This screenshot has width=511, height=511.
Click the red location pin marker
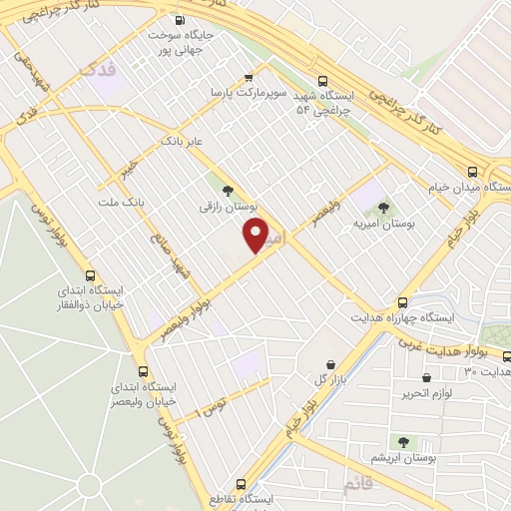(x=256, y=236)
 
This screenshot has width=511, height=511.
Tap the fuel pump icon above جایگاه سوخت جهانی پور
(x=180, y=19)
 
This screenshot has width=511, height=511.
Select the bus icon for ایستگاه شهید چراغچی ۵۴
(x=321, y=82)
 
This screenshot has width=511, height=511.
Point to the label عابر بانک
(x=185, y=141)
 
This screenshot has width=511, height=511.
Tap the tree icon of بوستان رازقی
(x=228, y=190)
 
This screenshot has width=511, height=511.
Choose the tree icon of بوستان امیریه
(x=383, y=209)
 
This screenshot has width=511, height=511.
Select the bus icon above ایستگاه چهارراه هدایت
(x=403, y=300)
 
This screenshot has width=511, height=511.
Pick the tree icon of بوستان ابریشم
(x=403, y=441)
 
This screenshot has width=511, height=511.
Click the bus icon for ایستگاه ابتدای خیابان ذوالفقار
(x=91, y=275)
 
